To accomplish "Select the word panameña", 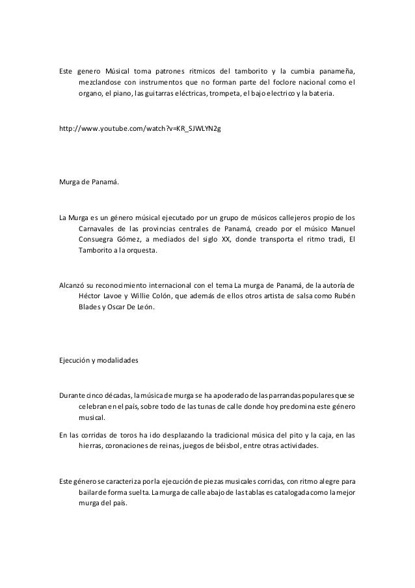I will click(x=338, y=70).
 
